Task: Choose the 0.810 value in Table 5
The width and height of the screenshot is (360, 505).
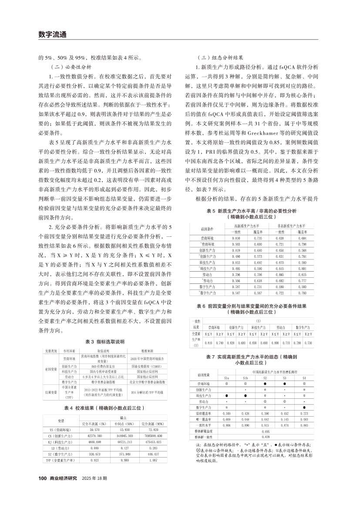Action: pyautogui.click(x=236, y=239)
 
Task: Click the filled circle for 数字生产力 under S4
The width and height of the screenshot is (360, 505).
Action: pyautogui.click(x=304, y=407)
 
